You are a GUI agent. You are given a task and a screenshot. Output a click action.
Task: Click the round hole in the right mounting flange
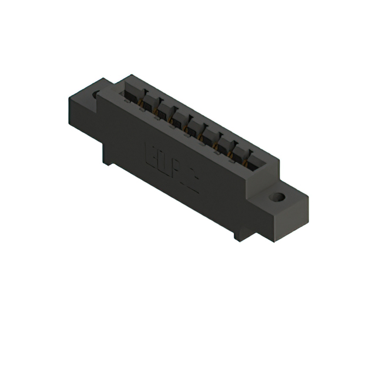(x=277, y=197)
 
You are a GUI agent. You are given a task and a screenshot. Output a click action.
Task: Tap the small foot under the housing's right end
(x=241, y=236)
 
